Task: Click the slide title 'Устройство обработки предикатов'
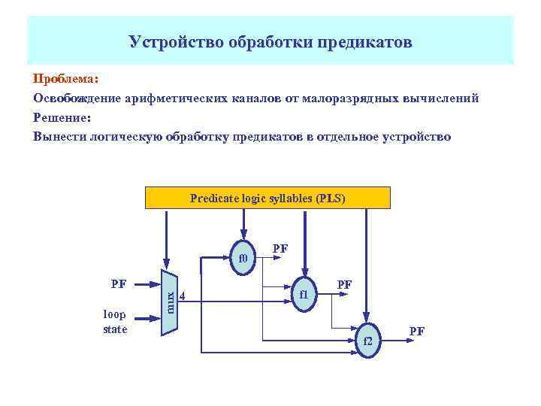coord(270,41)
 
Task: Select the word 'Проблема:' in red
coord(66,79)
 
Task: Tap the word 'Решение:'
coord(62,117)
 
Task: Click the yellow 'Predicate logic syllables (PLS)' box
coord(267,198)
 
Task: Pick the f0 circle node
coord(243,260)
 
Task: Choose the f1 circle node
coord(304,295)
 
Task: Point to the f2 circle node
coord(367,342)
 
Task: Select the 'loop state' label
coord(116,323)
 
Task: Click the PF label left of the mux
coord(119,284)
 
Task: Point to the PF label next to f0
coord(280,247)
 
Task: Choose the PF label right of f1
coord(345,284)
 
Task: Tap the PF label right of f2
coord(416,331)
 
